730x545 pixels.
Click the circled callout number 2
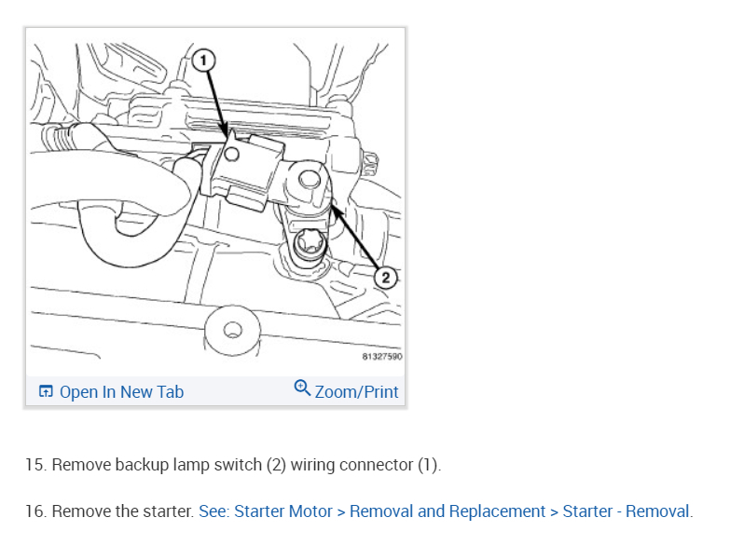click(x=387, y=277)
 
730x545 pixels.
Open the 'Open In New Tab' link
click(x=121, y=392)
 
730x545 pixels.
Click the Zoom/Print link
click(x=356, y=392)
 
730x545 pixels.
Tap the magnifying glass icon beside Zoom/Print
click(x=302, y=388)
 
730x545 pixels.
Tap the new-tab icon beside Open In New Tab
click(x=46, y=392)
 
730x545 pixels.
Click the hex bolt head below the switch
click(x=309, y=246)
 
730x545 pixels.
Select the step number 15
click(x=35, y=464)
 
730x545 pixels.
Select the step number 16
click(x=35, y=511)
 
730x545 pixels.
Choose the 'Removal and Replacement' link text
click(x=448, y=511)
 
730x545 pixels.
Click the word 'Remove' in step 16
click(x=79, y=511)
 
